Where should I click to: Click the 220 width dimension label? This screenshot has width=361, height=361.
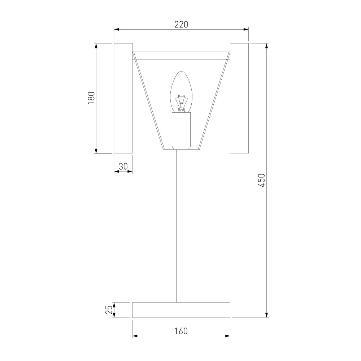click(181, 25)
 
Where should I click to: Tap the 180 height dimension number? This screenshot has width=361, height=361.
click(91, 98)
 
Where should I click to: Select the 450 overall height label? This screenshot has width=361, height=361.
click(262, 180)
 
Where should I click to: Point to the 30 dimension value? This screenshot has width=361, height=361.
click(123, 166)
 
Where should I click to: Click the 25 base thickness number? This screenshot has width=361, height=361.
click(109, 310)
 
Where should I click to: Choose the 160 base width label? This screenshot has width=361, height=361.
click(181, 331)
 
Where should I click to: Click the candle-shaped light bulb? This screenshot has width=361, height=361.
click(181, 92)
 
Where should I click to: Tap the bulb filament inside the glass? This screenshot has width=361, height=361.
click(181, 103)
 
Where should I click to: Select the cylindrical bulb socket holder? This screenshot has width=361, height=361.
click(181, 130)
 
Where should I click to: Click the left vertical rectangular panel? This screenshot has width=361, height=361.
click(123, 98)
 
